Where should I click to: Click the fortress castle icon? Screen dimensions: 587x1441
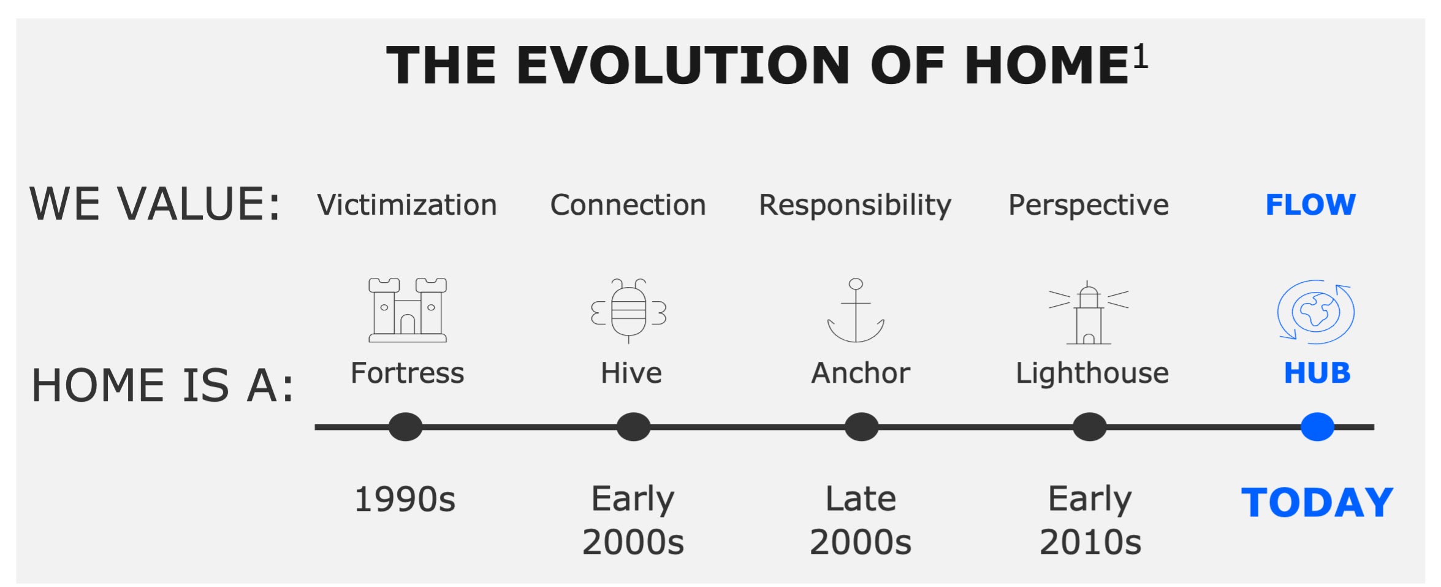click(x=408, y=310)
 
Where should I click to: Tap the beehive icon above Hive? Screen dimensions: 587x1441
click(x=628, y=311)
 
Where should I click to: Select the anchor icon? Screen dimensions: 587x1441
click(x=856, y=311)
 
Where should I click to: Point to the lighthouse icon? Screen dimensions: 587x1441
click(x=1089, y=313)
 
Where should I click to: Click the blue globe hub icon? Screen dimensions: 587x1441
click(x=1315, y=312)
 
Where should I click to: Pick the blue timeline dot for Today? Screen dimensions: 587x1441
click(x=1317, y=427)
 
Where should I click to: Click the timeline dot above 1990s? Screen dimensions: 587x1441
click(x=405, y=427)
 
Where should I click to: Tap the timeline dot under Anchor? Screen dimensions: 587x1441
click(x=861, y=427)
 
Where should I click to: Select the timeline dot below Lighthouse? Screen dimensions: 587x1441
click(x=1089, y=427)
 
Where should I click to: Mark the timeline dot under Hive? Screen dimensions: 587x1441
click(x=633, y=427)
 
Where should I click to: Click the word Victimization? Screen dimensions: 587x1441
click(x=407, y=205)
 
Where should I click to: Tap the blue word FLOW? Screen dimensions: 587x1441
click(x=1310, y=205)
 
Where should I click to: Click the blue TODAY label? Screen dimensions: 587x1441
click(x=1317, y=502)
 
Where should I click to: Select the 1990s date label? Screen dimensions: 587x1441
click(x=405, y=499)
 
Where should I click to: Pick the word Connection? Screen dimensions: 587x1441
click(x=628, y=205)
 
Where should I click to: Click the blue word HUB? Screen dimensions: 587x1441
click(x=1317, y=373)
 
